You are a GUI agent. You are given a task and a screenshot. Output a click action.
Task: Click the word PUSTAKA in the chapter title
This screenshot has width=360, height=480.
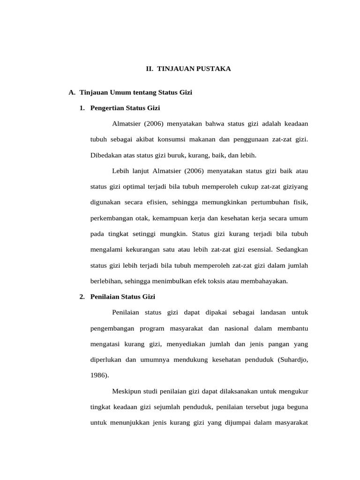click(x=214, y=69)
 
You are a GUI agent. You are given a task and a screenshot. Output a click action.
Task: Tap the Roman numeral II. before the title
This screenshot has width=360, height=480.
click(x=150, y=69)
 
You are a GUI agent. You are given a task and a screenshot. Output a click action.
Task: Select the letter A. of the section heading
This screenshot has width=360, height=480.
click(x=72, y=93)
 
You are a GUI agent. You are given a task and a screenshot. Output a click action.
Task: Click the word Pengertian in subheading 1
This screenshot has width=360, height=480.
click(x=105, y=108)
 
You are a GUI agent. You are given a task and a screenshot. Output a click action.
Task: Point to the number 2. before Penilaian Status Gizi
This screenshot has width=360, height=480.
click(x=82, y=297)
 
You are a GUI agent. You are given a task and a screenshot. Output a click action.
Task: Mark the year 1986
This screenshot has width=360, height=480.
click(x=98, y=375)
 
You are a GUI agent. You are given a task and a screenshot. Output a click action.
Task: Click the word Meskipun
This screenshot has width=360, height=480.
click(x=127, y=391)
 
